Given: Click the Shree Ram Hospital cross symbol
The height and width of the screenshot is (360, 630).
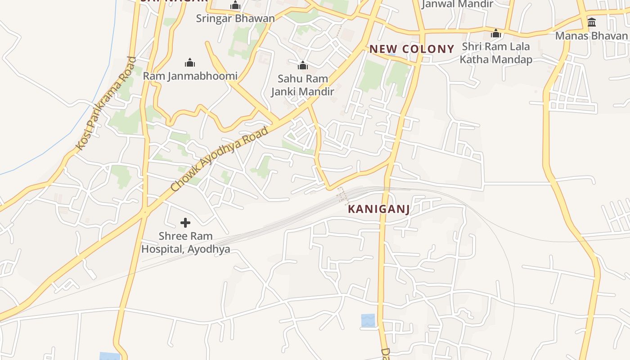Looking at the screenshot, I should [x=185, y=222].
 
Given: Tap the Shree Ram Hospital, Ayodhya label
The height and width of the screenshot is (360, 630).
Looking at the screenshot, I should [x=185, y=243].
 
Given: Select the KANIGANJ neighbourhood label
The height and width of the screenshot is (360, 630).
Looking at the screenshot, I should [x=378, y=209].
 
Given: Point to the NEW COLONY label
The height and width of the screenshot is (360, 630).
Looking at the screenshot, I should [x=412, y=49].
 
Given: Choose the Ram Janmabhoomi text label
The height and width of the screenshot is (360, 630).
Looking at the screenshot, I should [x=190, y=76].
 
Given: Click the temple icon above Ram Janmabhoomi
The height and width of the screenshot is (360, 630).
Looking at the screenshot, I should [x=190, y=62].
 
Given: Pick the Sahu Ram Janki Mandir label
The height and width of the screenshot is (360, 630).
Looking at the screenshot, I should [x=302, y=85].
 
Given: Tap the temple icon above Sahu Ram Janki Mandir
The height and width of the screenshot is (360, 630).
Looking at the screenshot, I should [x=302, y=65].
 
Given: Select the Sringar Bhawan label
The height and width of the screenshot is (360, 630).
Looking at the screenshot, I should [x=235, y=18].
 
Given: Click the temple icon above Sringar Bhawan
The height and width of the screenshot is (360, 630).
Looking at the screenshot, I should [x=235, y=5].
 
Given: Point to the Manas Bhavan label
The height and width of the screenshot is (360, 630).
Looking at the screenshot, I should [x=591, y=36].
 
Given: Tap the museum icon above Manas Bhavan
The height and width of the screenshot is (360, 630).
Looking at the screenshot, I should [x=592, y=22].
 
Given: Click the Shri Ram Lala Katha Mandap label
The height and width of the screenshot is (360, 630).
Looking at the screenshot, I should [x=496, y=53].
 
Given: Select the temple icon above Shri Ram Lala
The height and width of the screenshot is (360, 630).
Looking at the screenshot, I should [x=496, y=33].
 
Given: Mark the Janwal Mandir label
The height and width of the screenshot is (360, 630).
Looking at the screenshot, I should [x=457, y=4].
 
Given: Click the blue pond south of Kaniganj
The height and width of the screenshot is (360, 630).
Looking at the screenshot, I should [x=368, y=320].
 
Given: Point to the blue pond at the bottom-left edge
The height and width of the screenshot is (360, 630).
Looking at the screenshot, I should [x=109, y=356].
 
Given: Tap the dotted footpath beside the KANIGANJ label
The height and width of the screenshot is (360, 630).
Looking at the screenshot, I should [x=343, y=195].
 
